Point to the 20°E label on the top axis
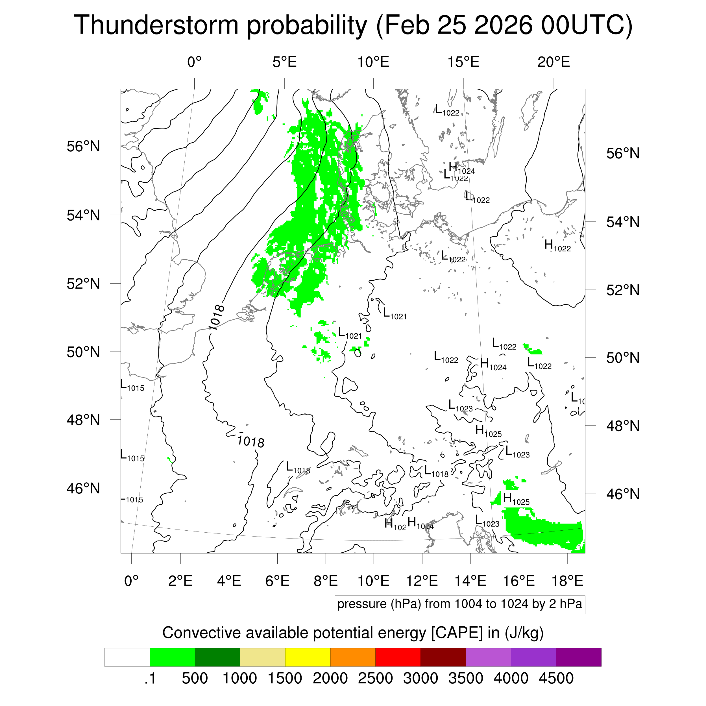pyautogui.click(x=554, y=62)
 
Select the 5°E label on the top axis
pyautogui.click(x=284, y=62)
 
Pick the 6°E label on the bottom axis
pyautogui.click(x=277, y=581)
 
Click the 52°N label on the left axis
pyautogui.click(x=83, y=284)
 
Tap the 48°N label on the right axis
pyautogui.click(x=623, y=426)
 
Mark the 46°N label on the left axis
pyautogui.click(x=83, y=488)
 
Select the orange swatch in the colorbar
pyautogui.click(x=353, y=657)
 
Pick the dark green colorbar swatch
pyautogui.click(x=217, y=657)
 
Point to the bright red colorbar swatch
pyautogui.click(x=398, y=657)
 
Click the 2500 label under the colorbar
pyautogui.click(x=375, y=678)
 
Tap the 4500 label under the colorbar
pyautogui.click(x=556, y=678)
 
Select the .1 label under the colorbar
pyautogui.click(x=150, y=678)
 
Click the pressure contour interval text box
pyautogui.click(x=459, y=604)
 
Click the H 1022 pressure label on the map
pyautogui.click(x=557, y=246)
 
